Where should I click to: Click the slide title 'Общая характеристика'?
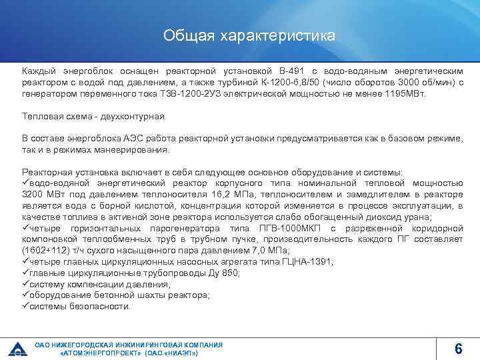point(249,36)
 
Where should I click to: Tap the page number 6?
point(458,348)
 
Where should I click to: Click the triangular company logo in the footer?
point(17,348)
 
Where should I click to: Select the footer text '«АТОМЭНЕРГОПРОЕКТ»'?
point(101,353)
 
